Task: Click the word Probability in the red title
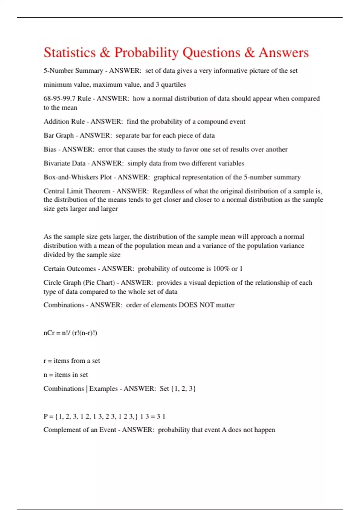[146, 53]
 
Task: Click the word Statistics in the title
[70, 53]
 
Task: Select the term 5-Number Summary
[73, 71]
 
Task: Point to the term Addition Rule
[64, 121]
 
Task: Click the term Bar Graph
[58, 136]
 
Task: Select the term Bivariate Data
[64, 163]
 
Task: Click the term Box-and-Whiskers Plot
[78, 177]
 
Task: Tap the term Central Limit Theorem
[77, 191]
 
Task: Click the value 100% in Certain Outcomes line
[221, 268]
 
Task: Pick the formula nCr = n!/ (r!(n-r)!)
[70, 333]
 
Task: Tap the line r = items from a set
[72, 361]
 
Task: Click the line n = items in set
[66, 375]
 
